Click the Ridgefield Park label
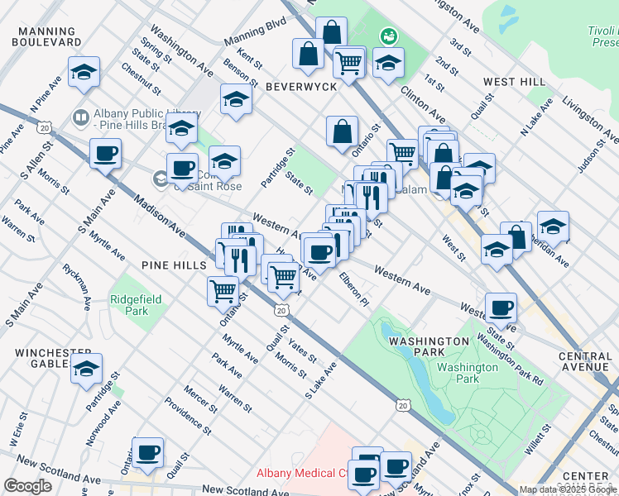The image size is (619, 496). coord(128,305)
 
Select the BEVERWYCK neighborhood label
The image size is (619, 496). coord(301,87)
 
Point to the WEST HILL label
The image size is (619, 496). coord(514,82)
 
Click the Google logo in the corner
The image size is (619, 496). coord(27,486)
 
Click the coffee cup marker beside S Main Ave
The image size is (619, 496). coord(106,154)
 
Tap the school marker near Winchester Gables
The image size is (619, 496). coord(84,371)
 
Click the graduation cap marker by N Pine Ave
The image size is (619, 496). coord(84,72)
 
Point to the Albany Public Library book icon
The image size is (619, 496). coord(81,117)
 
